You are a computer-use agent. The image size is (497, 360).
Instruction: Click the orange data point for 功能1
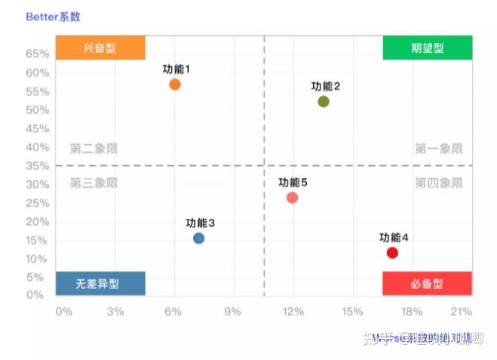[175, 85]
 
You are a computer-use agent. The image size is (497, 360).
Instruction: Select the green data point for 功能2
[324, 102]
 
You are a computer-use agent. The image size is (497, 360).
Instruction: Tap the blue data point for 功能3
[198, 238]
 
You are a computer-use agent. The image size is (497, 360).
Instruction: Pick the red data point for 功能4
[392, 253]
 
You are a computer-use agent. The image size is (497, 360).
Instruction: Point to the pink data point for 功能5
[293, 198]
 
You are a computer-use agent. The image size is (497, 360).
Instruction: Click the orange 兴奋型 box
[100, 48]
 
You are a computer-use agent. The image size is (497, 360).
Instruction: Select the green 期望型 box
[427, 48]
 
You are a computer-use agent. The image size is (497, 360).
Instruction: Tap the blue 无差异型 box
[100, 284]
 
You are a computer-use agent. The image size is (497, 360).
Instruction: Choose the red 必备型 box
[427, 284]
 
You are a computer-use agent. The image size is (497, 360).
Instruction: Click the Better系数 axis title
[53, 16]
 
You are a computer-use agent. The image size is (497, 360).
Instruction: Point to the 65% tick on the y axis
[38, 54]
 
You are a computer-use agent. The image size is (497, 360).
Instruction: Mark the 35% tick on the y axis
[38, 165]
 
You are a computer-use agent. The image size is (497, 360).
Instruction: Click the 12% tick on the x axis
[293, 311]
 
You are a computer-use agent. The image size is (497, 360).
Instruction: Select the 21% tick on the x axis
[461, 311]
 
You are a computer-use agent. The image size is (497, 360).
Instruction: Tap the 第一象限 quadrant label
[439, 149]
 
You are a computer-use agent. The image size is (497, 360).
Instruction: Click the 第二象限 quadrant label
[94, 149]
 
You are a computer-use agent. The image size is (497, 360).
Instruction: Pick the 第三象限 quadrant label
[94, 183]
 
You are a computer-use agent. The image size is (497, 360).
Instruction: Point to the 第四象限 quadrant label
[439, 183]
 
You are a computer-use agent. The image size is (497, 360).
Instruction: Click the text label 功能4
[394, 238]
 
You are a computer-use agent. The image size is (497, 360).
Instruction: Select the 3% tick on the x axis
[115, 311]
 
